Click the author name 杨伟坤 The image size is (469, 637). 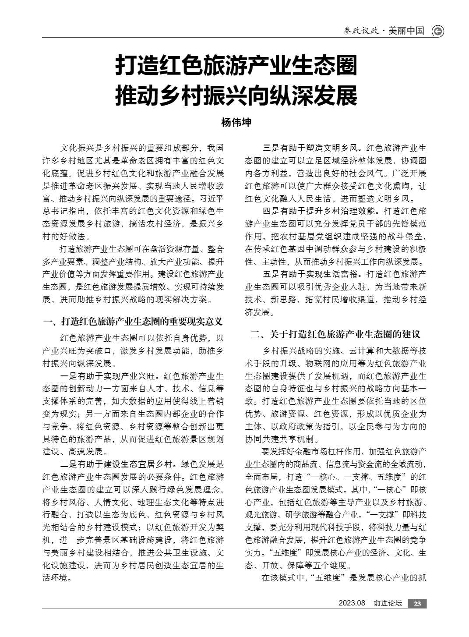(x=236, y=123)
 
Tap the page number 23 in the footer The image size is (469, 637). (x=417, y=604)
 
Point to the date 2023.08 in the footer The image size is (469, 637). (x=352, y=604)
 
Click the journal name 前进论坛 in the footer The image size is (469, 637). (x=388, y=604)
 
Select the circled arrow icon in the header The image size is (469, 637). (x=437, y=31)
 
